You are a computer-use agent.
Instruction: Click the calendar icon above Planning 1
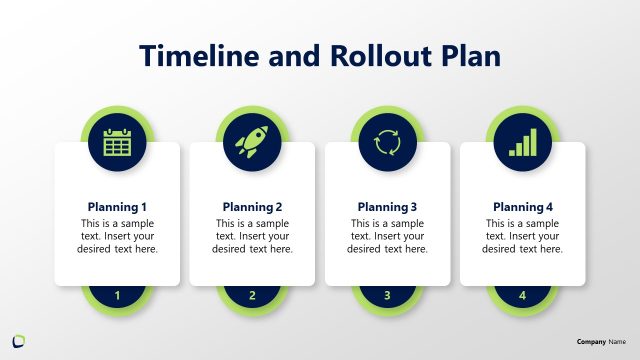pos(118,143)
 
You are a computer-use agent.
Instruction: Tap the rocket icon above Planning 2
pos(252,143)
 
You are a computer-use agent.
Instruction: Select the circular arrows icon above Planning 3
pos(387,143)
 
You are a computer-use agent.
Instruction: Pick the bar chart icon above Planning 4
pos(522,143)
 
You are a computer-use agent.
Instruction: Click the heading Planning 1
pos(117,207)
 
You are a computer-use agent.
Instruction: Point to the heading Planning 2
pos(252,207)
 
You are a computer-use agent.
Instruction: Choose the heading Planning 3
pos(387,207)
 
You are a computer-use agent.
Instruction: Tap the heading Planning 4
pos(522,207)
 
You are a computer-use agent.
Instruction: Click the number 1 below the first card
pos(118,295)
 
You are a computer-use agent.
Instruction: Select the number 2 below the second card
pos(252,295)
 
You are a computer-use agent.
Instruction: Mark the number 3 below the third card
pos(387,295)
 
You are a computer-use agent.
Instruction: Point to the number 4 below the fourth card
pos(522,295)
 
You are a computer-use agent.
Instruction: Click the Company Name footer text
pos(601,342)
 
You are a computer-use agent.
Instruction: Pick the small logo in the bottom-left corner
pos(19,341)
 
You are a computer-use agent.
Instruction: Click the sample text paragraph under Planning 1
pos(117,236)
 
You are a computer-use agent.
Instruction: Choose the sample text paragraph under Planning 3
pos(387,236)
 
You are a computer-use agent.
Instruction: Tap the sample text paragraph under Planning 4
pos(522,236)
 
